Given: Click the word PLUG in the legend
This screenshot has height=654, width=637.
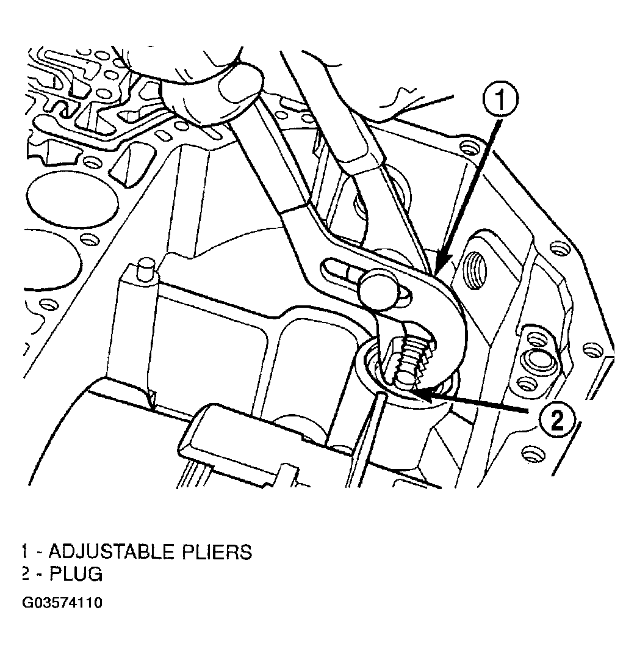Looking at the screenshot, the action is tap(76, 575).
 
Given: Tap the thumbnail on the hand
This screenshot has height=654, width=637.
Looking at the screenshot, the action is tap(241, 85).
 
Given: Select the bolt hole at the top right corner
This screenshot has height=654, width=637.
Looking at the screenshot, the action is tap(468, 147).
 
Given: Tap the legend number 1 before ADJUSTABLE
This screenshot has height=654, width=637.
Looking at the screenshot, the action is tap(24, 552).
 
